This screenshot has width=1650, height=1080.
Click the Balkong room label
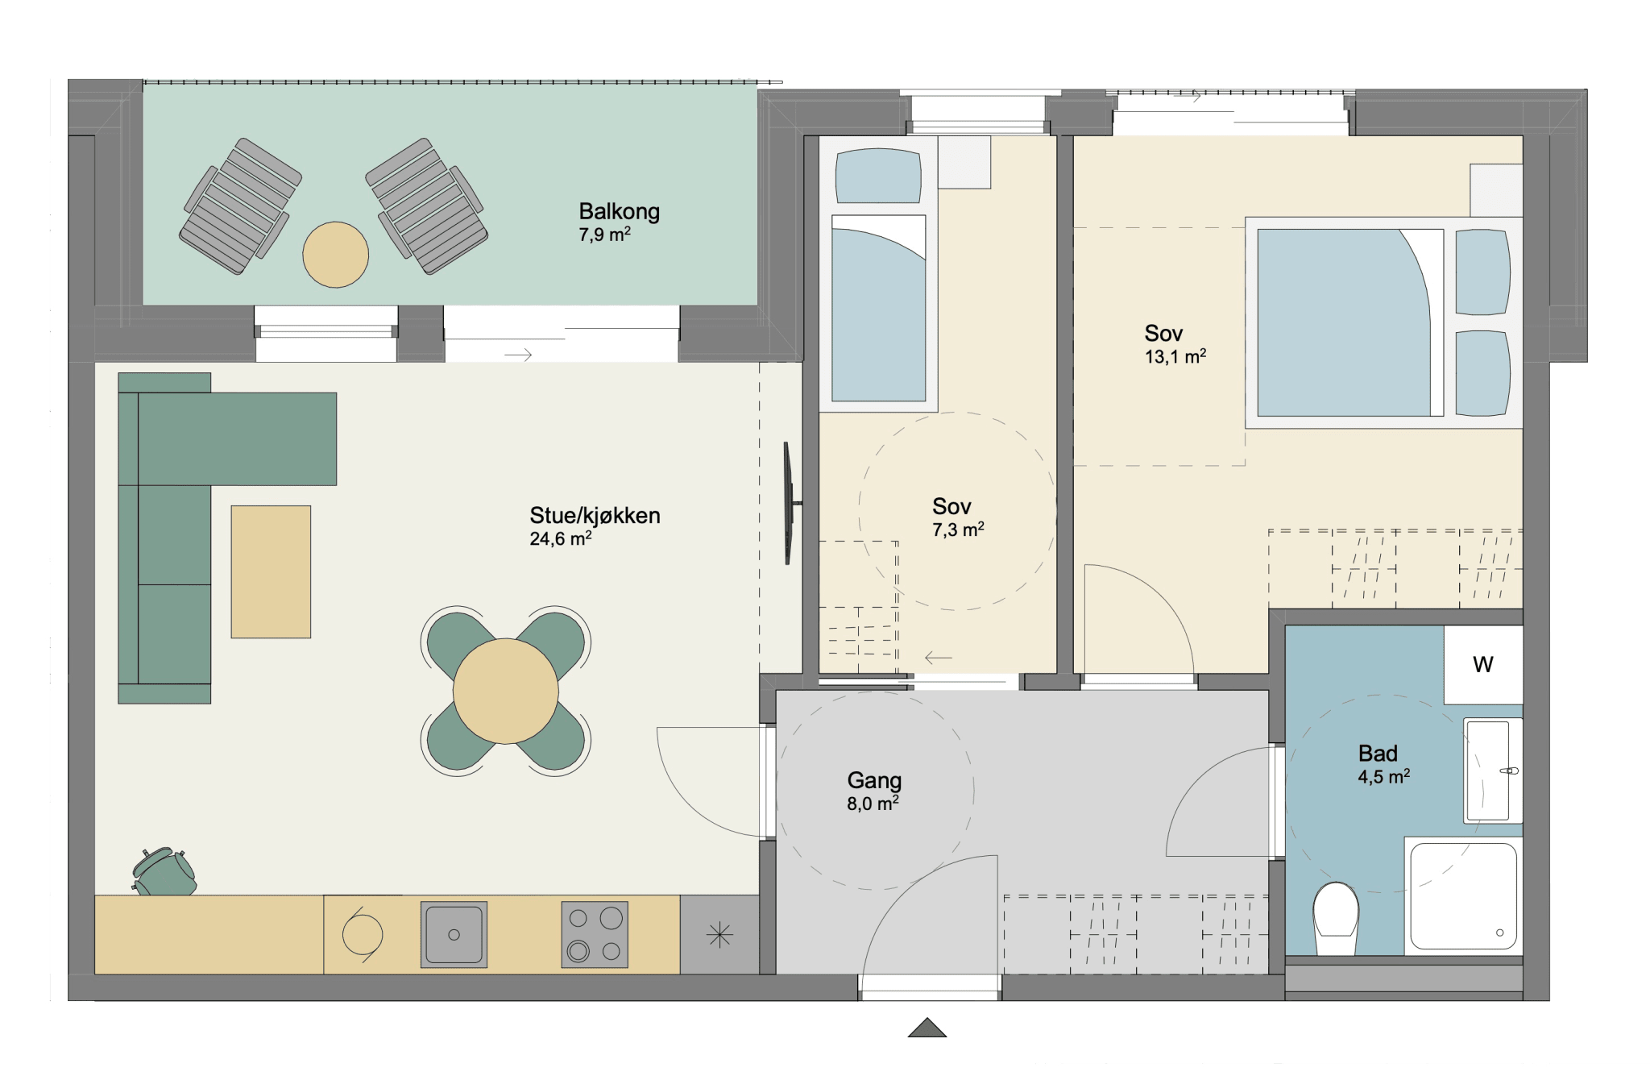(619, 211)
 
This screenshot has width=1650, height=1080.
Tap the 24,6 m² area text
(561, 538)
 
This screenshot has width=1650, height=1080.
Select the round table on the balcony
(336, 255)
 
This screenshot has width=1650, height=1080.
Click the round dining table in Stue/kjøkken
(506, 691)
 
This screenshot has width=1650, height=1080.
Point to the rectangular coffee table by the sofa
(271, 571)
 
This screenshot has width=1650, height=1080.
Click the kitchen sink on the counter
(454, 934)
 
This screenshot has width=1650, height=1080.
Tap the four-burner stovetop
(595, 934)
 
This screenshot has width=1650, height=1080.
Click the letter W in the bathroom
(1483, 664)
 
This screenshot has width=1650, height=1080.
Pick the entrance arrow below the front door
(927, 1028)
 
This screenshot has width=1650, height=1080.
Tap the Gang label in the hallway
(874, 780)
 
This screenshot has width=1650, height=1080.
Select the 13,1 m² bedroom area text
(1175, 356)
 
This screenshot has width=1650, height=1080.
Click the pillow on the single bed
(878, 176)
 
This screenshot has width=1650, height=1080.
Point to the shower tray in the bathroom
(1463, 896)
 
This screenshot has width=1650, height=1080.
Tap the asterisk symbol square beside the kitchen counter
(719, 935)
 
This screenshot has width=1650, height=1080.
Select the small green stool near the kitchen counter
(164, 870)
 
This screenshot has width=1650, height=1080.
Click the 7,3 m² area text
(958, 530)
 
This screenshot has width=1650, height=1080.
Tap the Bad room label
(1378, 754)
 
